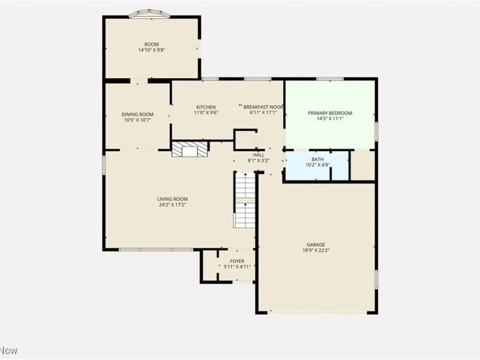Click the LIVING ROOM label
tap(172, 199)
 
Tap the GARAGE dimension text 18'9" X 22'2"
tap(316, 250)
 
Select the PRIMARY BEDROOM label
tap(330, 113)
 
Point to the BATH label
tap(317, 160)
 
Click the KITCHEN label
tap(206, 107)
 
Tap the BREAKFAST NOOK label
tap(263, 107)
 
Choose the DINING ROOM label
tap(137, 115)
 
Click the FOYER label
tap(237, 261)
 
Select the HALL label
tap(259, 155)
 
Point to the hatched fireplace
tap(190, 149)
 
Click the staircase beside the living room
tap(245, 200)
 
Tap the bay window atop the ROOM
tap(149, 14)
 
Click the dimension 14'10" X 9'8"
tap(152, 50)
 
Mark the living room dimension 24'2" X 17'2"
tap(172, 205)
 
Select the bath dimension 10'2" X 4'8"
tap(317, 165)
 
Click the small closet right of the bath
tap(362, 166)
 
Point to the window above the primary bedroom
tap(329, 79)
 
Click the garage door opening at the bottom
tap(317, 313)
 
